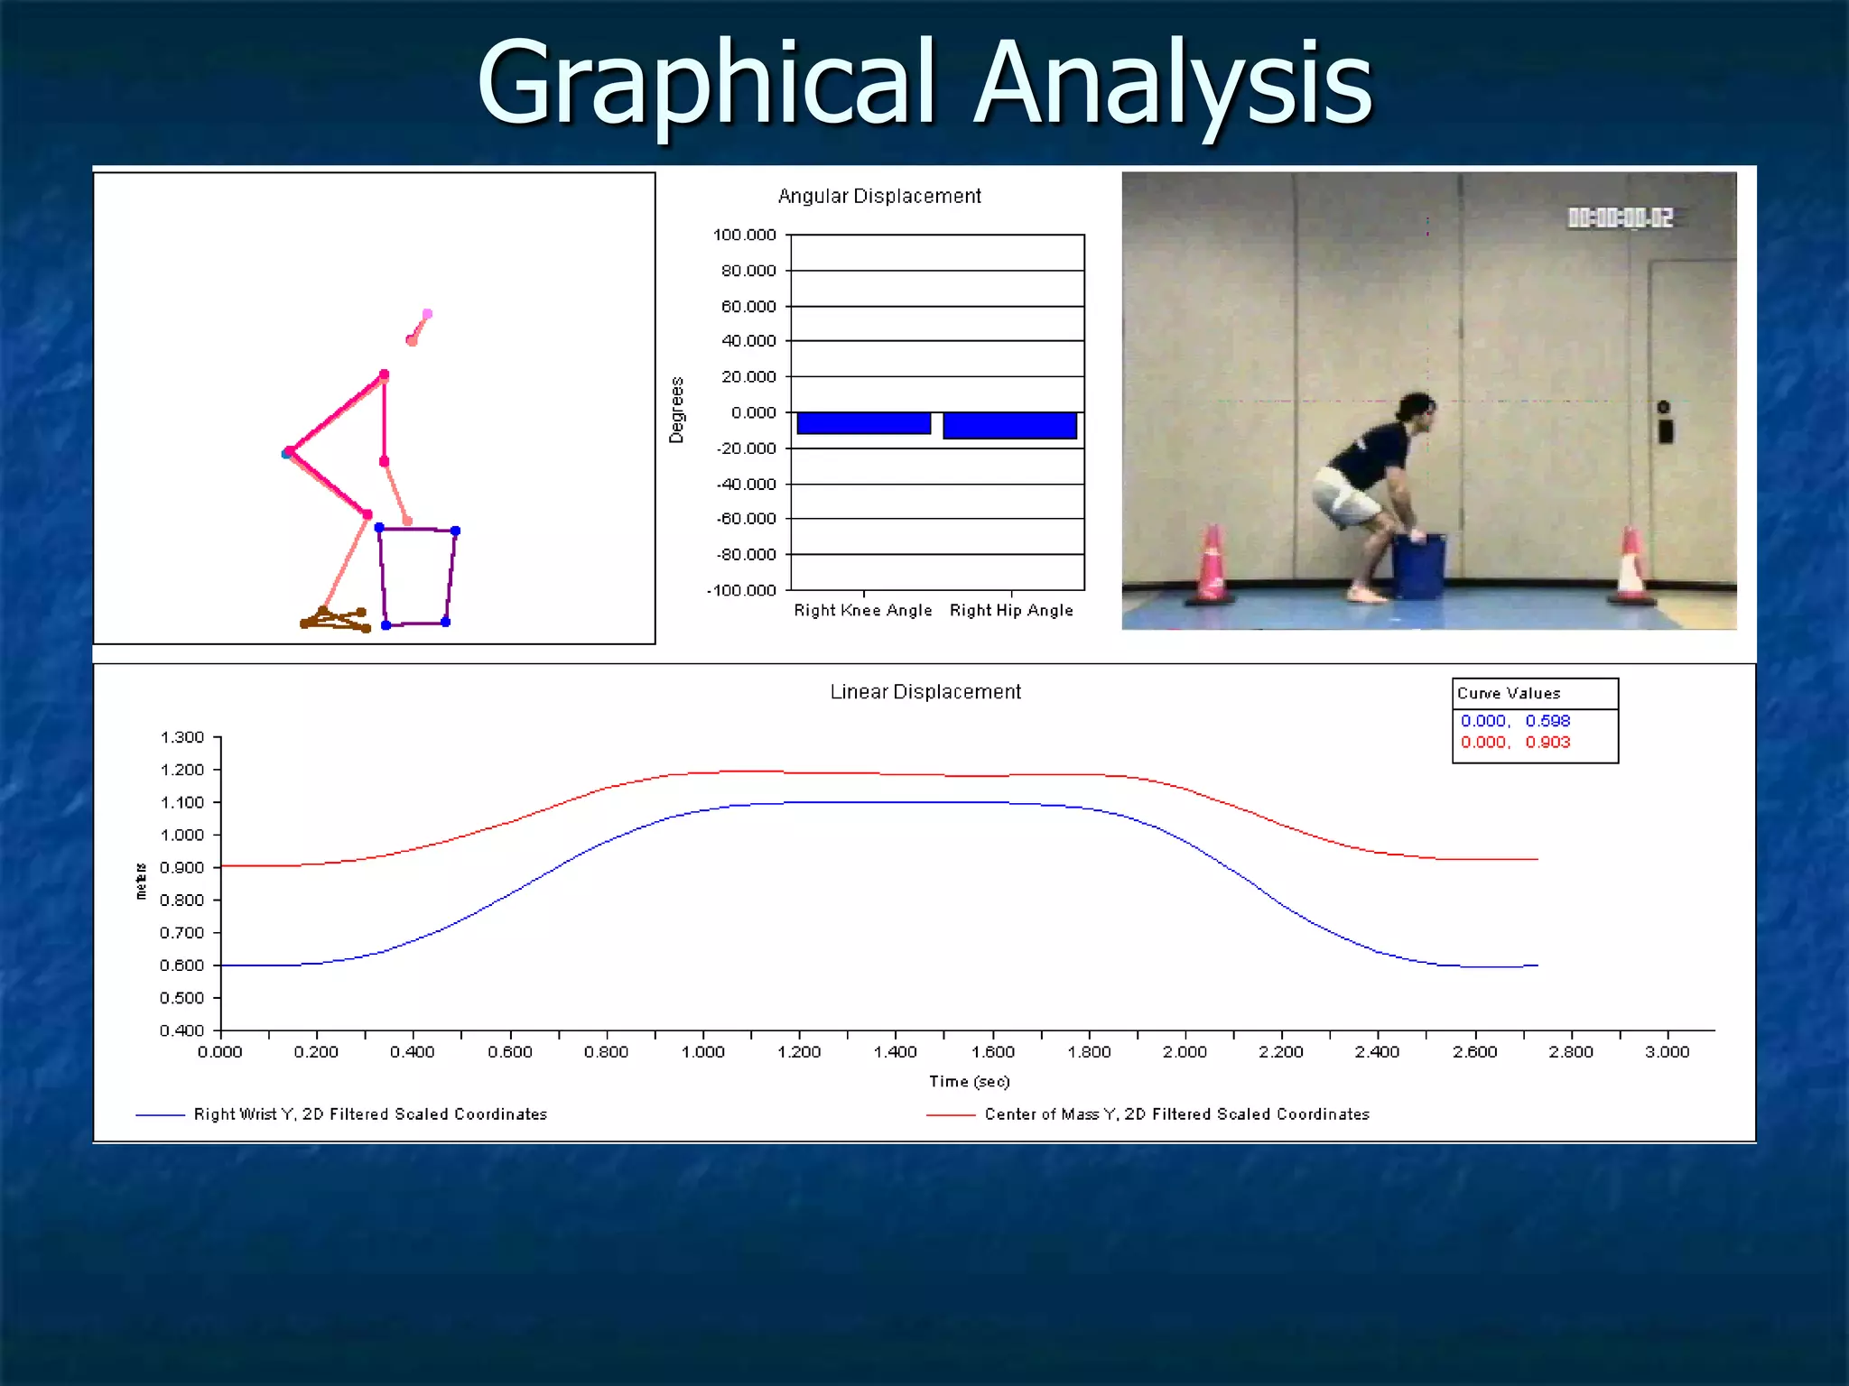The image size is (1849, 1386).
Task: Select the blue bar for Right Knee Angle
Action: pos(863,423)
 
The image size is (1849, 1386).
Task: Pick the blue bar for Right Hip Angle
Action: pos(1009,426)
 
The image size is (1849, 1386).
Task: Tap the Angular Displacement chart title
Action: pos(878,197)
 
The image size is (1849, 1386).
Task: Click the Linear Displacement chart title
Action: pos(924,692)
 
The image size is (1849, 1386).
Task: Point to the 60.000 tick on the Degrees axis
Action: pos(748,307)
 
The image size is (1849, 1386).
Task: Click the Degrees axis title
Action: pos(676,410)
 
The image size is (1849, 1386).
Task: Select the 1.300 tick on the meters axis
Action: pos(182,737)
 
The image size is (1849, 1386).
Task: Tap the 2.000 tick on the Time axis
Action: pos(1185,1052)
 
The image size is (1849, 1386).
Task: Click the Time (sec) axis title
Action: pos(969,1081)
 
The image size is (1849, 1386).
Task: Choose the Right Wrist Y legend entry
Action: pos(369,1114)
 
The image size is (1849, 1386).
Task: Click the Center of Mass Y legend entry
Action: pos(1175,1114)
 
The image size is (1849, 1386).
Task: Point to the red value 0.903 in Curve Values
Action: pos(1547,743)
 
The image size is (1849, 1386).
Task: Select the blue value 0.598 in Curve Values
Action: pos(1547,721)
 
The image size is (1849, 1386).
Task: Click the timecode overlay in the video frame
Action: pos(1620,218)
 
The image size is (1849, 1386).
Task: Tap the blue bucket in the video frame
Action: pos(1418,566)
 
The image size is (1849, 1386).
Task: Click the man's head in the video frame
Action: pos(1415,407)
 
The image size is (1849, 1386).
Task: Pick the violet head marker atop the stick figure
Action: pos(427,314)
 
